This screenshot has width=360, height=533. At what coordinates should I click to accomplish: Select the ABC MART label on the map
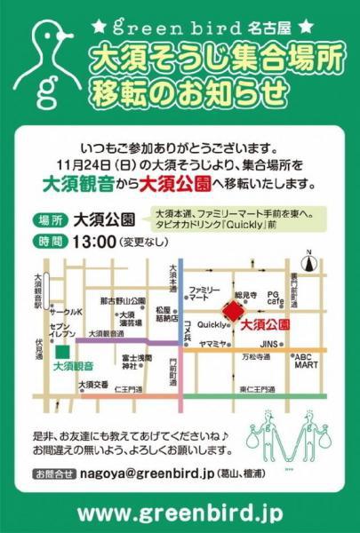click(308, 360)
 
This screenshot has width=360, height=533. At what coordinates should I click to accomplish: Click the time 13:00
click(106, 240)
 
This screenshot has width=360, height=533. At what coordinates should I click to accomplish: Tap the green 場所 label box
click(52, 219)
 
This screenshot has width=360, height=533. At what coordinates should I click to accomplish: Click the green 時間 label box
click(52, 240)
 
